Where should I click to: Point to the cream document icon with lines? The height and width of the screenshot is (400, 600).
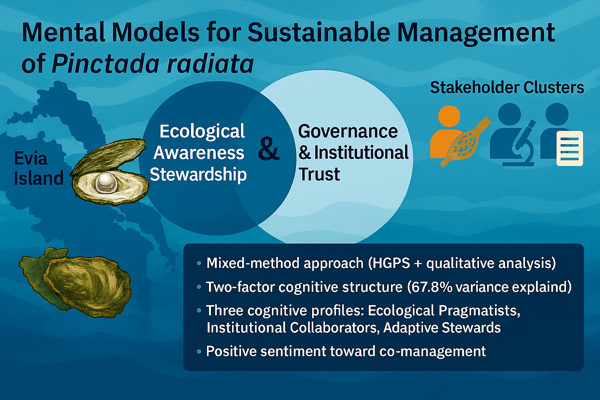(x=570, y=148)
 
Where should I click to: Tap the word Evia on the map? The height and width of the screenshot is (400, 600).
(x=30, y=158)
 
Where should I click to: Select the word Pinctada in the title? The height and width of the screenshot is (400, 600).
(x=105, y=64)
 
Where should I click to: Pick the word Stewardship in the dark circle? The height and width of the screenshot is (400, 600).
(x=198, y=174)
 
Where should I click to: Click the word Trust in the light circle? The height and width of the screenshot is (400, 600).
(x=319, y=174)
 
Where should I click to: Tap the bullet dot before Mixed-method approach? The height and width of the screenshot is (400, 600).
(x=199, y=263)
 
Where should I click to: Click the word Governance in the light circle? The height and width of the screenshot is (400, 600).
(x=348, y=131)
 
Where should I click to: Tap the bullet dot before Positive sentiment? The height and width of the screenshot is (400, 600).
(x=199, y=352)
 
